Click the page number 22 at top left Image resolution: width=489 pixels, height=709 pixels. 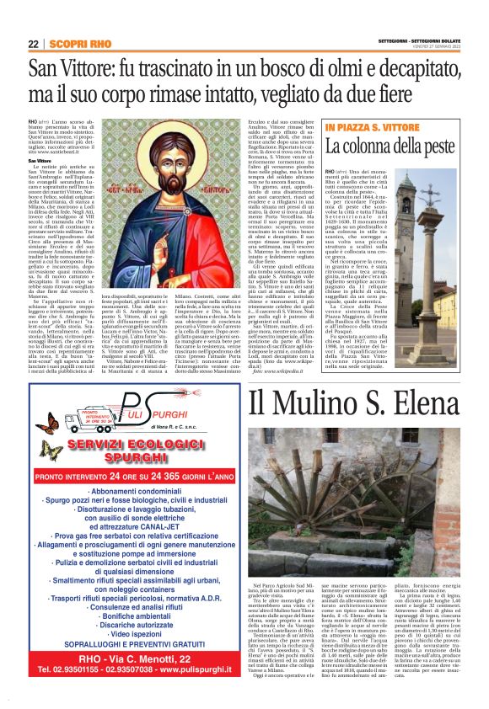[x=33, y=44]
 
